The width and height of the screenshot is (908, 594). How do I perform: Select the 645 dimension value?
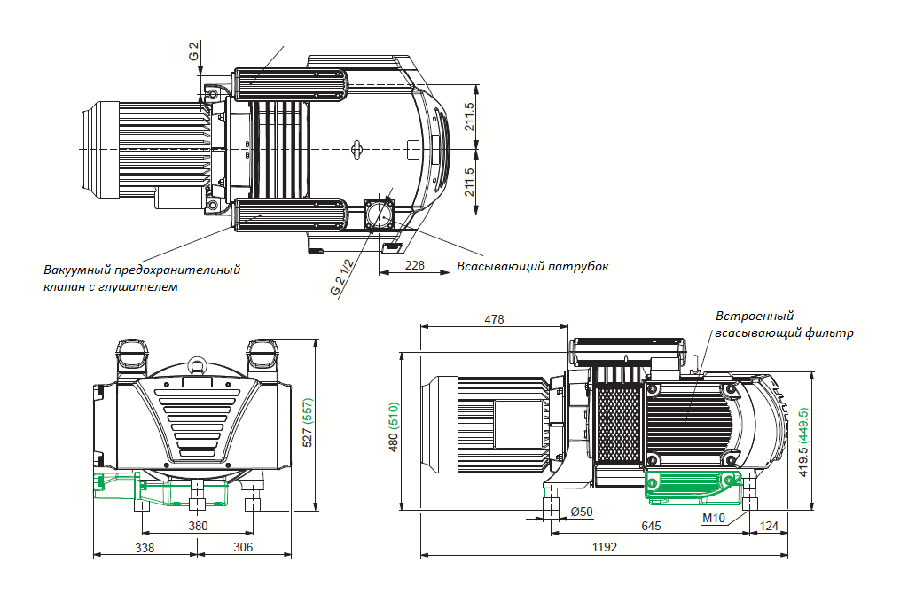pyautogui.click(x=651, y=527)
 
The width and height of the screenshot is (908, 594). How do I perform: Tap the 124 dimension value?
pyautogui.click(x=769, y=527)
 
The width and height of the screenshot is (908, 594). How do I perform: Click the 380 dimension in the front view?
pyautogui.click(x=199, y=526)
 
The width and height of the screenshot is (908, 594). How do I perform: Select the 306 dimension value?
pyautogui.click(x=242, y=547)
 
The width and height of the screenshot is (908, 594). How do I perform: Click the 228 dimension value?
pyautogui.click(x=414, y=265)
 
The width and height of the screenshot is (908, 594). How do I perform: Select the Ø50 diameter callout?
pyautogui.click(x=581, y=512)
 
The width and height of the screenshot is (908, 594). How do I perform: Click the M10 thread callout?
pyautogui.click(x=714, y=517)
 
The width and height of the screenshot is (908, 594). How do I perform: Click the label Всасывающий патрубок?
pyautogui.click(x=532, y=266)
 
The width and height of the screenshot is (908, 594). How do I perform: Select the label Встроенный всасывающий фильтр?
pyautogui.click(x=784, y=324)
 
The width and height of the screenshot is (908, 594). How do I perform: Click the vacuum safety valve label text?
pyautogui.click(x=141, y=277)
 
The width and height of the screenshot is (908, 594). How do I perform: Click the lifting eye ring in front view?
pyautogui.click(x=196, y=363)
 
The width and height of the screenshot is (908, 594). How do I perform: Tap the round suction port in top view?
pyautogui.click(x=381, y=214)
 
